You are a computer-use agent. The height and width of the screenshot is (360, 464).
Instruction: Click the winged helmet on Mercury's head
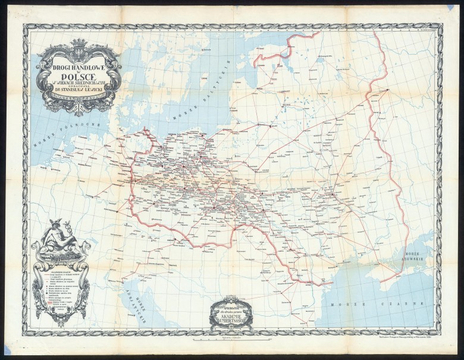pyautogui.click(x=58, y=227)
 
